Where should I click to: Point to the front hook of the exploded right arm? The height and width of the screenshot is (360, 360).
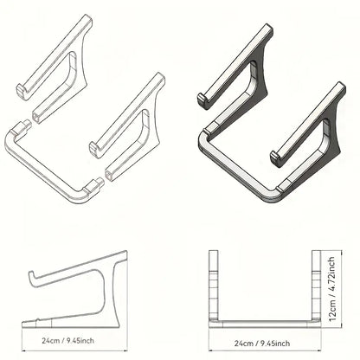[93, 149]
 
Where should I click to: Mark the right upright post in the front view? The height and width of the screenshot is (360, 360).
[314, 281]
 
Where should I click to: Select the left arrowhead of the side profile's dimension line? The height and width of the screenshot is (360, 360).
[22, 331]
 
